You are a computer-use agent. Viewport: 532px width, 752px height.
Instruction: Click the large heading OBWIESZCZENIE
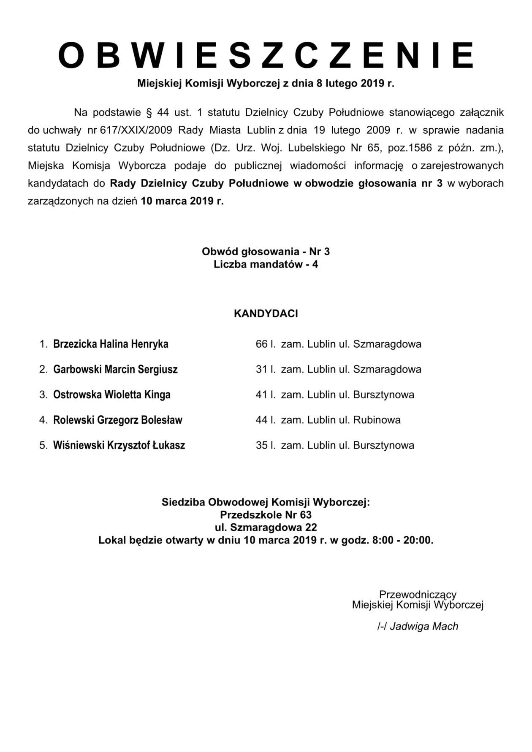point(266,55)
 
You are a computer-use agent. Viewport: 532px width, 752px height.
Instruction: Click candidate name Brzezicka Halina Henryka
point(111,344)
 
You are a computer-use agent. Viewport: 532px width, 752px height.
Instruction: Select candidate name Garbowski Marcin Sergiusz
point(115,369)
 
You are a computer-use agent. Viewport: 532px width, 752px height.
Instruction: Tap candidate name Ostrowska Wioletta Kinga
point(112,395)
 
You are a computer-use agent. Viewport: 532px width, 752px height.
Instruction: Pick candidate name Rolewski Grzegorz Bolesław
point(118,420)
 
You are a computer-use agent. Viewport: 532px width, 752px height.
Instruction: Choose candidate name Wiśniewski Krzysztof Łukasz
point(119,445)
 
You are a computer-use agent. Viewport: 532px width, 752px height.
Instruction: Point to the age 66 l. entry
point(266,344)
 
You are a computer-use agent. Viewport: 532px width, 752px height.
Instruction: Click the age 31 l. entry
point(266,369)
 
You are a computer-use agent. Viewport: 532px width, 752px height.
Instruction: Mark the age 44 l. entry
point(266,420)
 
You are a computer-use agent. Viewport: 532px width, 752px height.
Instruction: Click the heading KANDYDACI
point(266,314)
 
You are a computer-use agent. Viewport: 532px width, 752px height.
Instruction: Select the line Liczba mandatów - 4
point(266,265)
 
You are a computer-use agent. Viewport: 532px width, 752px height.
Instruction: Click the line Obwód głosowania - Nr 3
point(266,252)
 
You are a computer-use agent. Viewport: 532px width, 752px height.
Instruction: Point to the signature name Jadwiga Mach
point(424,626)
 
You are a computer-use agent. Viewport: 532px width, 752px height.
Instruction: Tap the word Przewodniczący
point(418,594)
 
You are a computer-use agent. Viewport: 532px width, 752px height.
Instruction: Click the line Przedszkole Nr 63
point(266,515)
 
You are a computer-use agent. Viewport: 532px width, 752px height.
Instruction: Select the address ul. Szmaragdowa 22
point(266,527)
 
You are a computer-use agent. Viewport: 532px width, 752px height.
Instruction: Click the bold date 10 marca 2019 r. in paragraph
point(182,201)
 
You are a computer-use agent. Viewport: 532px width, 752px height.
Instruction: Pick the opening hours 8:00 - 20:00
point(402,540)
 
